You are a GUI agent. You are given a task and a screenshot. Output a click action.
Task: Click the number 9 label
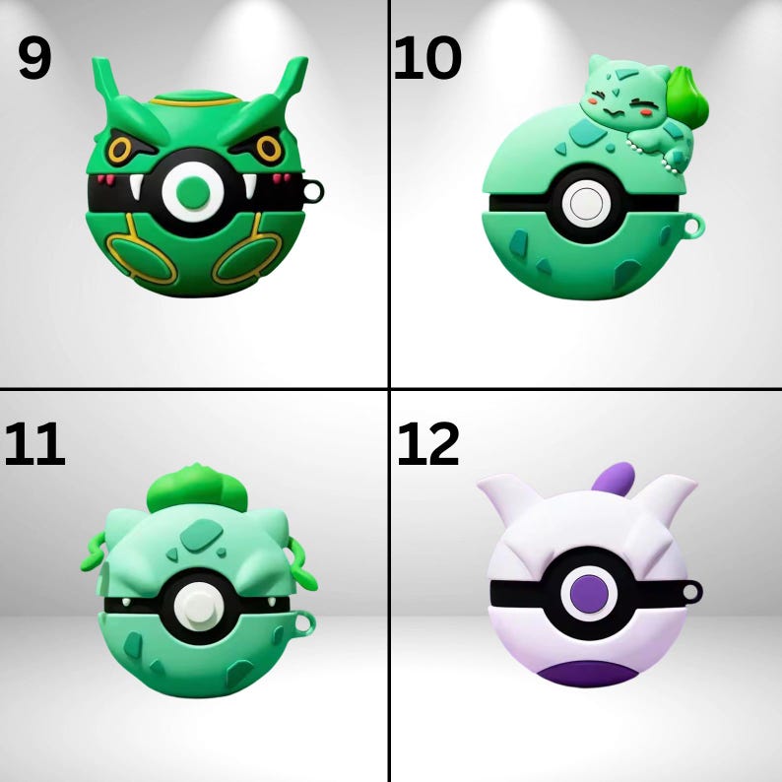tap(34, 60)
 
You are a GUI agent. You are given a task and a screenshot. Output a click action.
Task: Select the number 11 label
tap(34, 445)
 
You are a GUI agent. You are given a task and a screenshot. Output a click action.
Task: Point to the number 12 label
tap(428, 445)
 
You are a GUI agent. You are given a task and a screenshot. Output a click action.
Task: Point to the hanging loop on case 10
tap(695, 227)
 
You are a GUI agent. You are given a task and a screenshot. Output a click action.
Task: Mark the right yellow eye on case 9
tap(270, 150)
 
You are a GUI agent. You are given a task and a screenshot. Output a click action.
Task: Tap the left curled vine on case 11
tap(93, 556)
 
